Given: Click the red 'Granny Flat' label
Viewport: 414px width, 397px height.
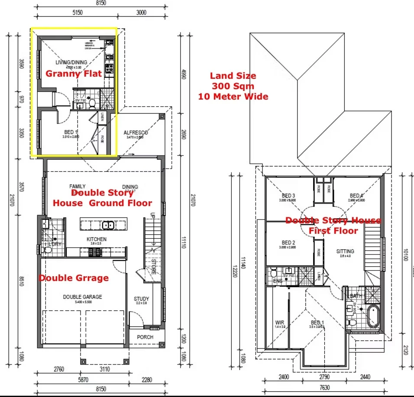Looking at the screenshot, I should (74, 73).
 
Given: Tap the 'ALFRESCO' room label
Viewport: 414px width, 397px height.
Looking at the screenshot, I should (136, 132).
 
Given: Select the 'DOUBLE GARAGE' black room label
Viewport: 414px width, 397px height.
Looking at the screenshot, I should (82, 297).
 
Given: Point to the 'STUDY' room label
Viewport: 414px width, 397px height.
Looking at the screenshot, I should (141, 299).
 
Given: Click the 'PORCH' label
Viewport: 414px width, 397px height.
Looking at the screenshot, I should (145, 337).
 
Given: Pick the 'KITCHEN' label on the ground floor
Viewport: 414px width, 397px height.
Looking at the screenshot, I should (96, 239).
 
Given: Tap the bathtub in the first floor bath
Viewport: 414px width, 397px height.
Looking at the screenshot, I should (373, 317).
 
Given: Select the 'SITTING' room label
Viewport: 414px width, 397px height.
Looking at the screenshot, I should (345, 251).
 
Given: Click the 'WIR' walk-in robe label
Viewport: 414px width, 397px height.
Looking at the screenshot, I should (280, 323).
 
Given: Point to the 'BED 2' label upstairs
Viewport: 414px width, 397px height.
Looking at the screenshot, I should (288, 242).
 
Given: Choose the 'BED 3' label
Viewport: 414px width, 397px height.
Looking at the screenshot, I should (288, 196).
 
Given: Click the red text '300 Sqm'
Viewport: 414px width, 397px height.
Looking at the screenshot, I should (233, 86).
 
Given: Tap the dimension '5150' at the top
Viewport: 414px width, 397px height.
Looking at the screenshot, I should (77, 13).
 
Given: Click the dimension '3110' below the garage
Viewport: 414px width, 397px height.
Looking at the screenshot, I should (105, 369).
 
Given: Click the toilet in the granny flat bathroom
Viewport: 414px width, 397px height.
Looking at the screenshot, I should (91, 103).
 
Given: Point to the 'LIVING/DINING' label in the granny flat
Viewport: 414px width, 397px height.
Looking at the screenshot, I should (71, 63).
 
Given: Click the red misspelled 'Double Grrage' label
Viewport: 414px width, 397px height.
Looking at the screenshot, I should (74, 278).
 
